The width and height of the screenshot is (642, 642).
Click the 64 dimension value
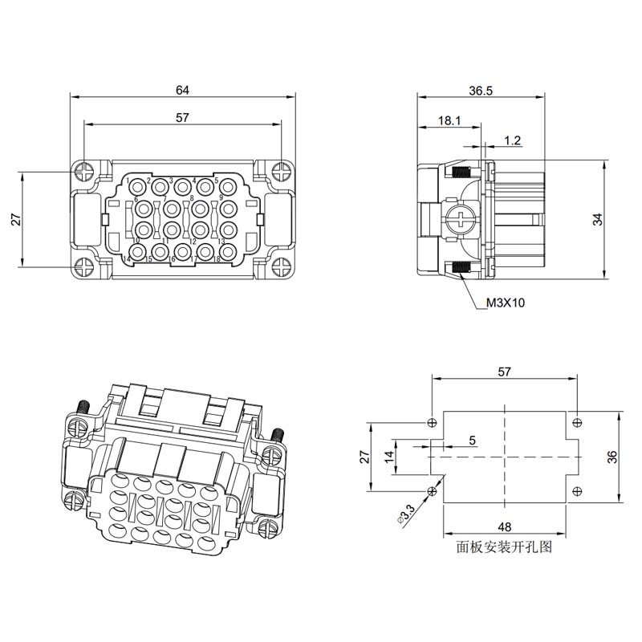[x=183, y=90]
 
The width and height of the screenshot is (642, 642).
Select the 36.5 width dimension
[x=481, y=91]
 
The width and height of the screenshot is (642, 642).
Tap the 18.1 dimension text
[x=449, y=120]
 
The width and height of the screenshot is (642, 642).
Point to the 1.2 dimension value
[x=512, y=141]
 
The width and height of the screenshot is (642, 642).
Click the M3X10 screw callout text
[x=506, y=303]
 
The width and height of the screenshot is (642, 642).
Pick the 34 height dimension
[x=598, y=219]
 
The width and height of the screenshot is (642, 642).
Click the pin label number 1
[x=128, y=181]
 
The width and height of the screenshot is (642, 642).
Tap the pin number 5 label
[x=217, y=180]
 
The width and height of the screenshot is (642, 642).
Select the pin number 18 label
[x=217, y=258]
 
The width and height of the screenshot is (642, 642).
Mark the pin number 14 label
[x=127, y=258]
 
